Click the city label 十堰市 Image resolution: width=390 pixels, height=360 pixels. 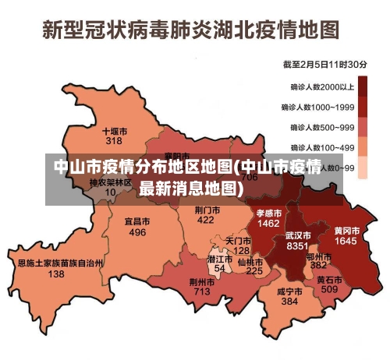point(115,131)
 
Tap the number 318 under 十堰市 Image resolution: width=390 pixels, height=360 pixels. point(115,141)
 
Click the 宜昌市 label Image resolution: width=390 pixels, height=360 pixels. point(137,221)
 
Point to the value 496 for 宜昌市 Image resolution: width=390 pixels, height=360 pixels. point(137,232)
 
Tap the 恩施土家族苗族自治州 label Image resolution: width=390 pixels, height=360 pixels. point(60,263)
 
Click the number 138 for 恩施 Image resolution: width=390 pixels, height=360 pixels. point(56,274)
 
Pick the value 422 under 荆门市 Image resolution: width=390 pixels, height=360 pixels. point(206,221)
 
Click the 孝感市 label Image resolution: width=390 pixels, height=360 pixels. point(268,213)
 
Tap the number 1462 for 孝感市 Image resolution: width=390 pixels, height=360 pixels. point(268,224)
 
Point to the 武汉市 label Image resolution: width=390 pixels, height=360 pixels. point(298,235)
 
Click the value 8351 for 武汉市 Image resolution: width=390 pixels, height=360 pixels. point(298,245)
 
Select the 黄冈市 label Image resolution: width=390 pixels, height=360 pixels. point(346,231)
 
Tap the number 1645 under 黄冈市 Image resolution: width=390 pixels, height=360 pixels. point(346,242)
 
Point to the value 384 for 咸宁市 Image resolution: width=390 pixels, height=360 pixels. point(289,302)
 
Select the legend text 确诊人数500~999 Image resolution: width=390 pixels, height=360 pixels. point(323,127)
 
